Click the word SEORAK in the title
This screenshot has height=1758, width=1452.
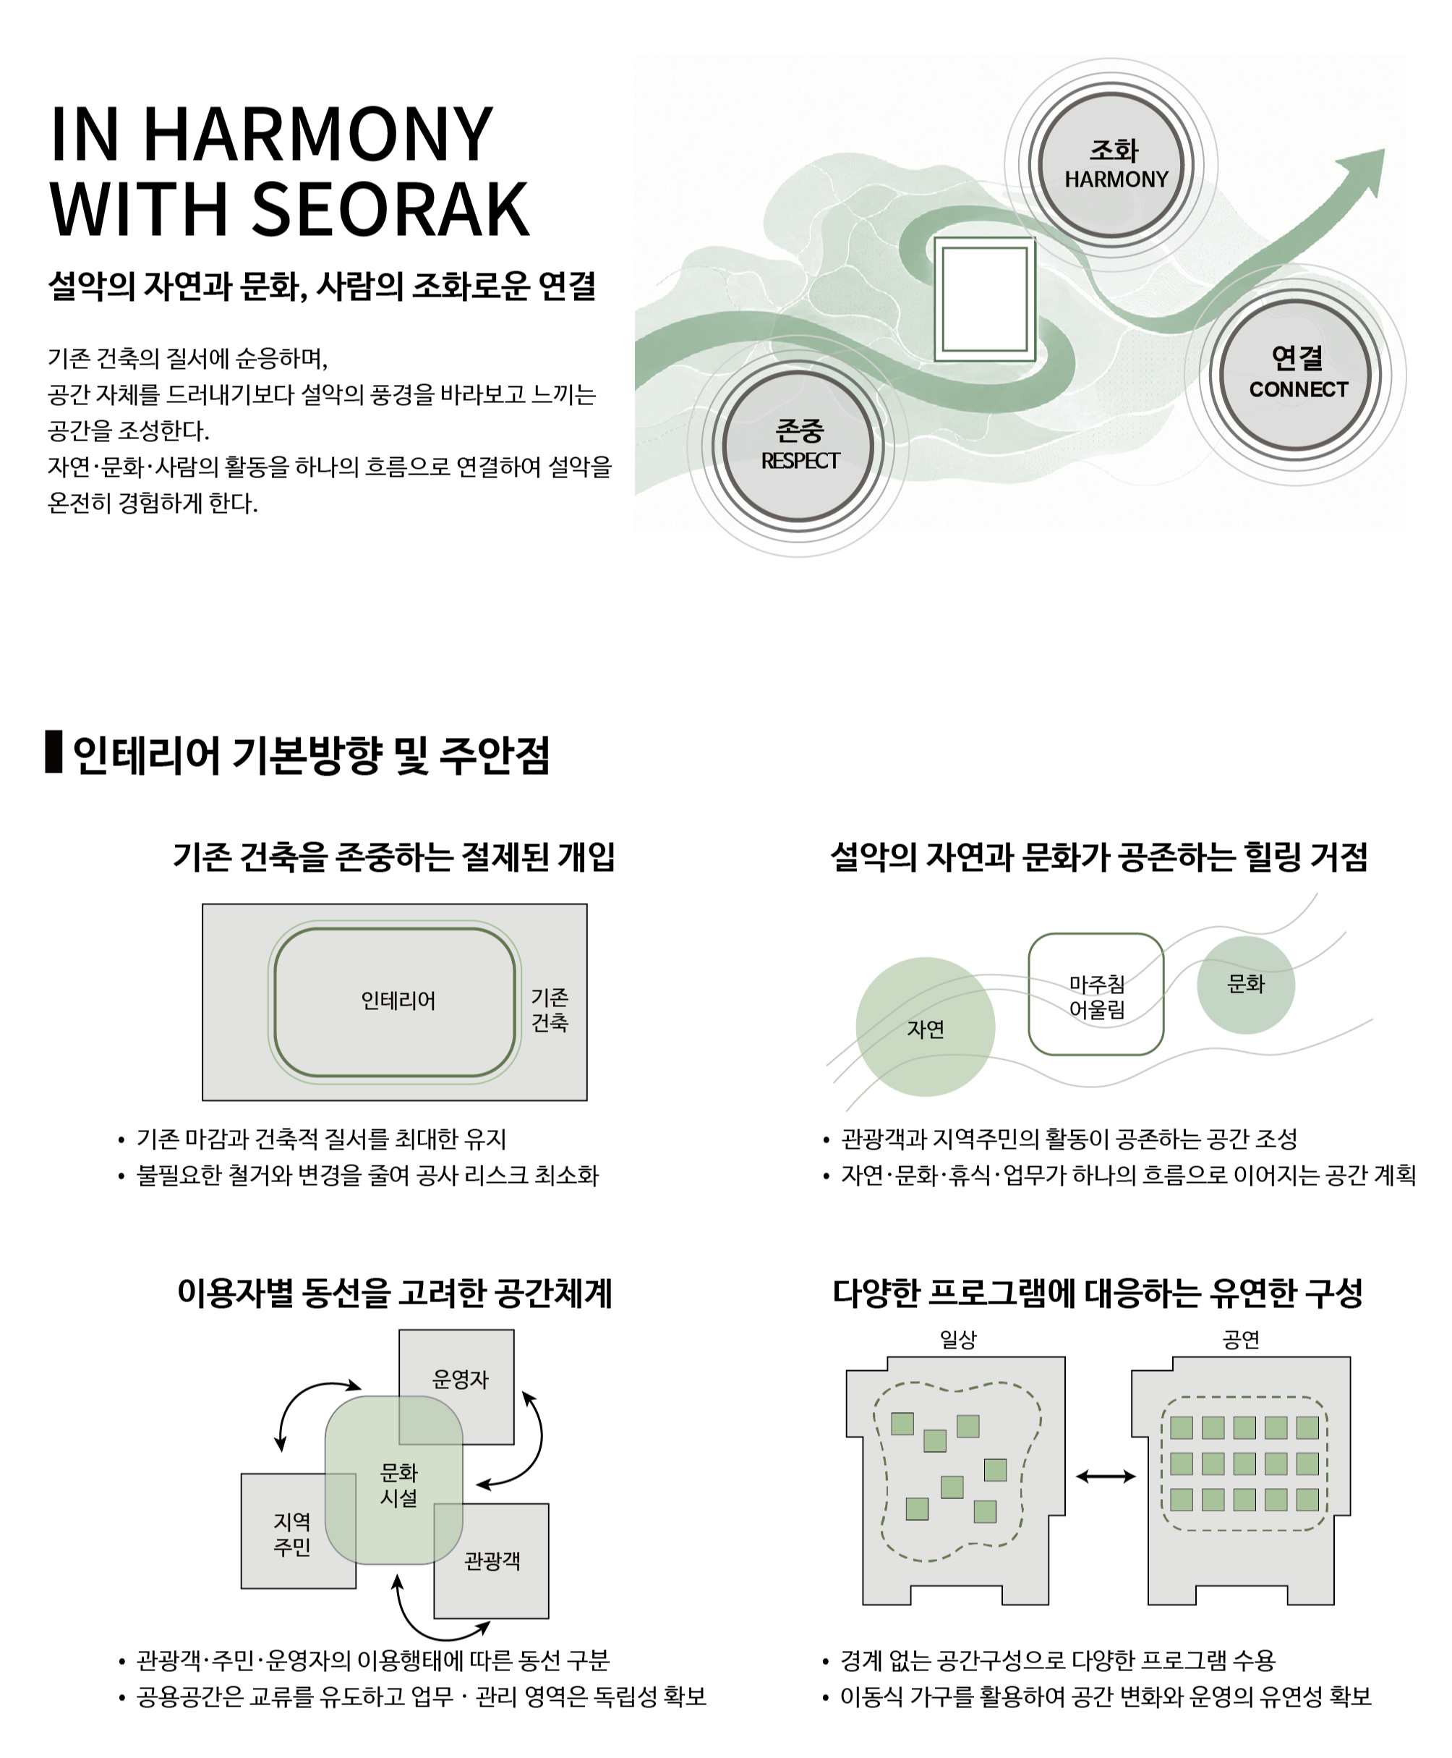[x=390, y=208]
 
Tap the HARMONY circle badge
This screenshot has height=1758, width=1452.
[x=1111, y=164]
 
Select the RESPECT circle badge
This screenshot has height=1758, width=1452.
[x=799, y=445]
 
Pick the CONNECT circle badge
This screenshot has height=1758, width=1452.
[x=1296, y=374]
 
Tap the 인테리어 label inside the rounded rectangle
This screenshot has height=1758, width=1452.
[x=398, y=1001]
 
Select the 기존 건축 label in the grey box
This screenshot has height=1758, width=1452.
[x=550, y=1009]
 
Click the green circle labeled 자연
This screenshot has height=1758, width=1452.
[x=925, y=1027]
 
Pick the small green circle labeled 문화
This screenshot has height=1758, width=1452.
[x=1245, y=985]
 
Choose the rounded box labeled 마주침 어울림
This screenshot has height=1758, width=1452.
[x=1096, y=994]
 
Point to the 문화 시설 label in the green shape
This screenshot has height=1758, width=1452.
[x=399, y=1485]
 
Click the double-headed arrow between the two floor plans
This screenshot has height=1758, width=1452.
[x=1105, y=1477]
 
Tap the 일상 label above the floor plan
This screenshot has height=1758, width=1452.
[x=957, y=1340]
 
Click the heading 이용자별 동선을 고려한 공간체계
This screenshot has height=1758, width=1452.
[x=395, y=1293]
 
